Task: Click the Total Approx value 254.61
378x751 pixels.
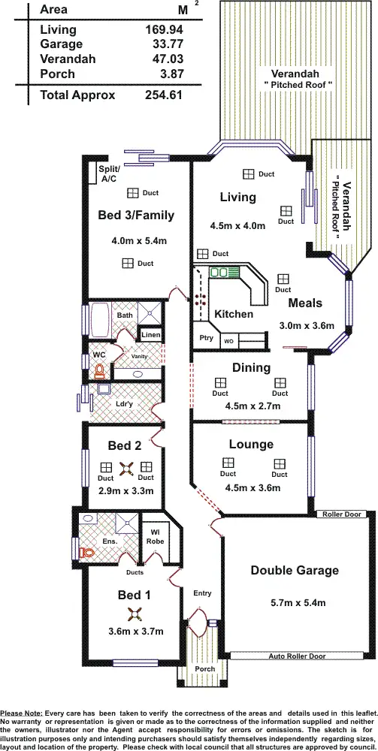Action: [x=165, y=95]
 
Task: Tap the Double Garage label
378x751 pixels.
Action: [x=295, y=571]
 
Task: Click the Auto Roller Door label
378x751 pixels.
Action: [x=297, y=656]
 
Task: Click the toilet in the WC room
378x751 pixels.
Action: [x=98, y=370]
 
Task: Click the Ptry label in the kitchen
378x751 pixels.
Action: [x=207, y=339]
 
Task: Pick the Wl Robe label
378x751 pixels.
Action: [x=156, y=535]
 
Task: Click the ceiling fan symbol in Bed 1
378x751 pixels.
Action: [x=134, y=614]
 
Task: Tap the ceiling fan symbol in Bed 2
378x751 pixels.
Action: [x=126, y=469]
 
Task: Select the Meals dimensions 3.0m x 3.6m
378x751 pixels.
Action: [x=305, y=327]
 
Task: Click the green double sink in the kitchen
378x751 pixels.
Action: [x=223, y=271]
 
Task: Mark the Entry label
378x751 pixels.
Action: [x=202, y=593]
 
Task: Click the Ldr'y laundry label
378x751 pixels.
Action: [x=125, y=404]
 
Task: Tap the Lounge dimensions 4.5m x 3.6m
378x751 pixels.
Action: [x=253, y=488]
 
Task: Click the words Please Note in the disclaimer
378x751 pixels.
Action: [x=22, y=712]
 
